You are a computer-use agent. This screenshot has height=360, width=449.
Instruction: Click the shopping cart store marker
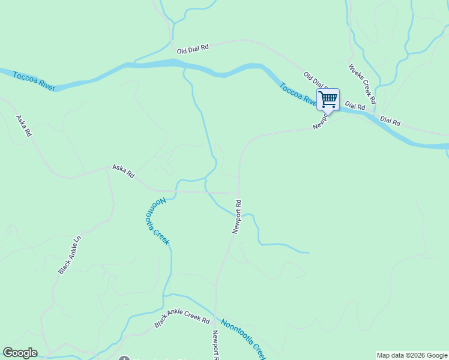tap(328, 99)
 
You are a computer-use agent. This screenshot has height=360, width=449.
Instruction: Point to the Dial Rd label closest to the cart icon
tap(355, 106)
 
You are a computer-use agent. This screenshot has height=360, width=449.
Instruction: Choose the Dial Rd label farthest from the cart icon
tap(390, 121)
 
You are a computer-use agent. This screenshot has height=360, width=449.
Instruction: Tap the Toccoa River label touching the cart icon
tap(298, 94)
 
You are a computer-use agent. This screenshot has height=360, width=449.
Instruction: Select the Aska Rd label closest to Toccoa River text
tap(23, 126)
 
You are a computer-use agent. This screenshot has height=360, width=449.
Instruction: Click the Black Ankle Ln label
tap(69, 255)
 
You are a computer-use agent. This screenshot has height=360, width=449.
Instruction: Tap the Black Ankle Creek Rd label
tap(181, 322)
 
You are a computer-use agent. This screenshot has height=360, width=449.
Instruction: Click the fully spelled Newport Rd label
tap(237, 217)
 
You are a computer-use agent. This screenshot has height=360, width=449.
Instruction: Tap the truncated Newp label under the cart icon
tap(320, 122)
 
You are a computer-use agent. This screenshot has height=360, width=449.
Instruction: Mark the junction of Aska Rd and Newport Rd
tap(238, 193)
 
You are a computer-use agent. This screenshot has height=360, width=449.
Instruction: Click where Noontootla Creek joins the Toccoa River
tap(184, 66)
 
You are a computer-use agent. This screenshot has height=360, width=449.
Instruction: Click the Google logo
tap(20, 353)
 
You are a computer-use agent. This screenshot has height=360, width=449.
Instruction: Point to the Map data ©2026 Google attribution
tap(412, 355)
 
